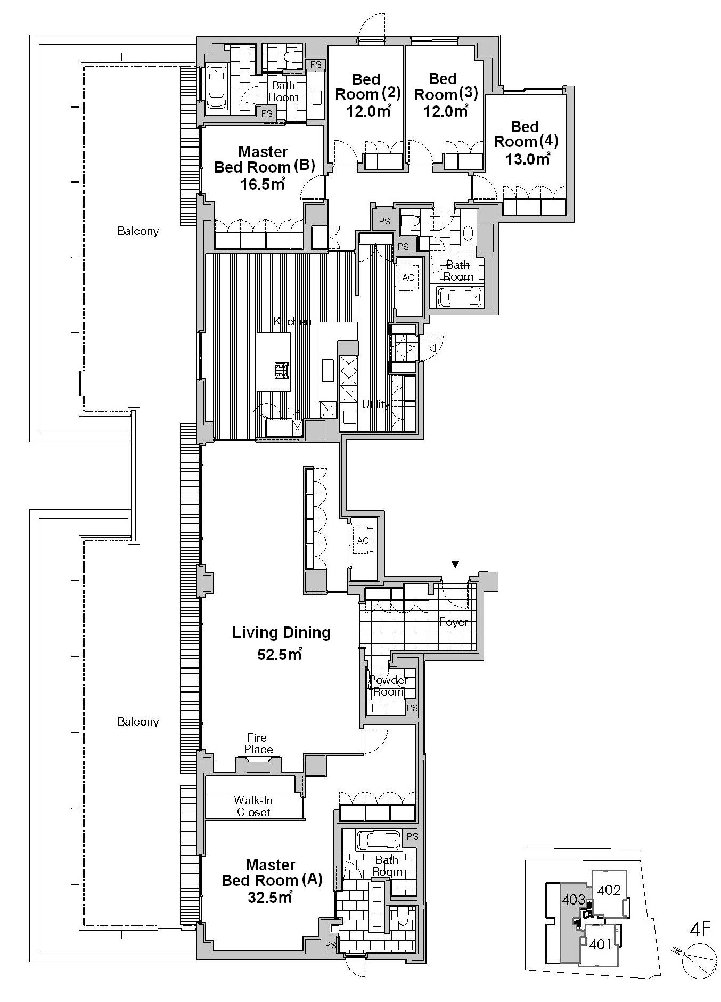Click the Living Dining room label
pos(281,632)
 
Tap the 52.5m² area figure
pos(280,654)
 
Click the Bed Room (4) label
pos(526,134)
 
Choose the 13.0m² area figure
pos(528,158)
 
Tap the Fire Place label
pos(258,744)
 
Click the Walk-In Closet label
pos(253,806)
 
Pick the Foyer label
pos(453,622)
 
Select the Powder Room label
pos(388,686)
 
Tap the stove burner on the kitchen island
pos(282,370)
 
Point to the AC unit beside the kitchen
pos(408,278)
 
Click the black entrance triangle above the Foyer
pos(455,564)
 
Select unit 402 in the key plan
pos(609,890)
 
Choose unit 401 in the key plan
pos(600,944)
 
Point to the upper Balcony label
pos(138,231)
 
